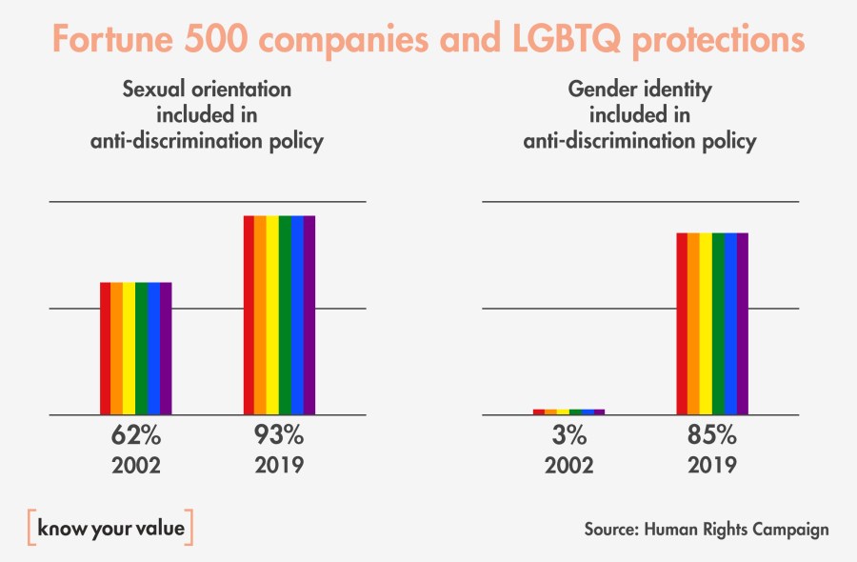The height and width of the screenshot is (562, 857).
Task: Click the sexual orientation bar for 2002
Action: point(136,349)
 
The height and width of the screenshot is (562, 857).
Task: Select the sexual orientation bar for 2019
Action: point(279,315)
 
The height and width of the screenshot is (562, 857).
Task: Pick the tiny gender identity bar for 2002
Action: point(568,411)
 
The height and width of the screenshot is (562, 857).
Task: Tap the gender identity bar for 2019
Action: point(712,324)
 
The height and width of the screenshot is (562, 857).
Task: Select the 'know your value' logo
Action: point(110,527)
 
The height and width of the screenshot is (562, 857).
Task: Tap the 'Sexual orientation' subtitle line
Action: point(207,90)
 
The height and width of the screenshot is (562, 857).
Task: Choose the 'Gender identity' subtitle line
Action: point(640,90)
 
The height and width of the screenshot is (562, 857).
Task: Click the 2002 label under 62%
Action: point(136,466)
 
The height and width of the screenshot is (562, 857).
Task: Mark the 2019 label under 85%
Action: point(712,466)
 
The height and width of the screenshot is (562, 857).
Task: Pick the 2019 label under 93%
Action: point(279,466)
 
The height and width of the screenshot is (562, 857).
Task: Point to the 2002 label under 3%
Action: point(568,466)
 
